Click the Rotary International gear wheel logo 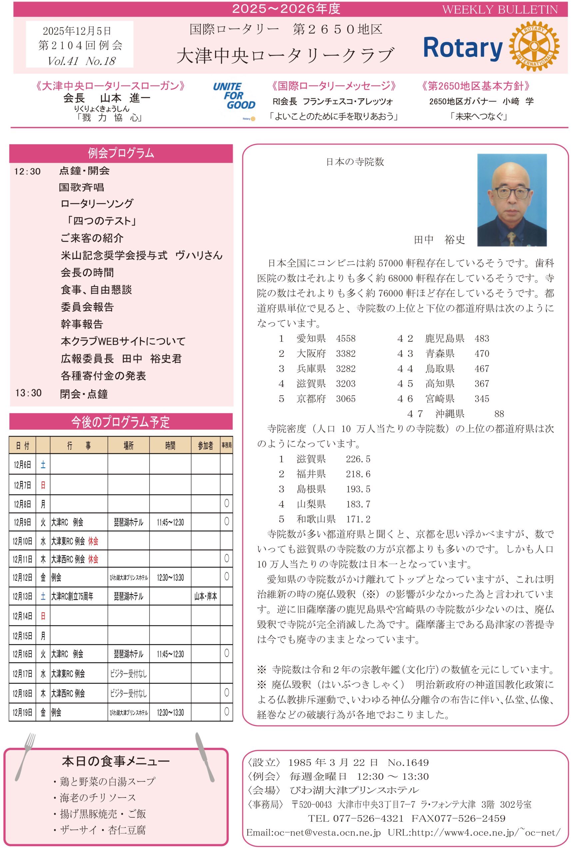[534, 46]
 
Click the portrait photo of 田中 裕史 [512, 200]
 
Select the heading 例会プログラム [121, 153]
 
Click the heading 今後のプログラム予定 [121, 422]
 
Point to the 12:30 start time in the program [28, 172]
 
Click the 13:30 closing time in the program [29, 393]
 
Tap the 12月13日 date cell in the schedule [22, 596]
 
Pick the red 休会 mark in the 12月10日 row [93, 541]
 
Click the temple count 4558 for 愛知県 [345, 339]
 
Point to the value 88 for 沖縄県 [499, 414]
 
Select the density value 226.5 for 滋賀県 [358, 459]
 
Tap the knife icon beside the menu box [205, 756]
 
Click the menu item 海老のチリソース [98, 798]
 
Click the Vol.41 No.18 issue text [81, 61]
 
